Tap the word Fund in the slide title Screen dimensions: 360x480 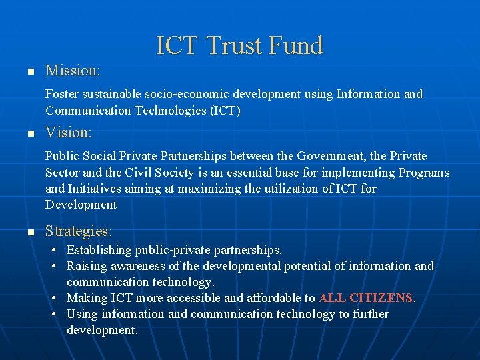[x=295, y=45]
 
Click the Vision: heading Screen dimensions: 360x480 [x=69, y=133]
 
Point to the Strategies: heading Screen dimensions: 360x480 [x=79, y=231]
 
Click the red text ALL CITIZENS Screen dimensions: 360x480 [x=366, y=298]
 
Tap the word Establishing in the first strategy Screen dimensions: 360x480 [x=99, y=250]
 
